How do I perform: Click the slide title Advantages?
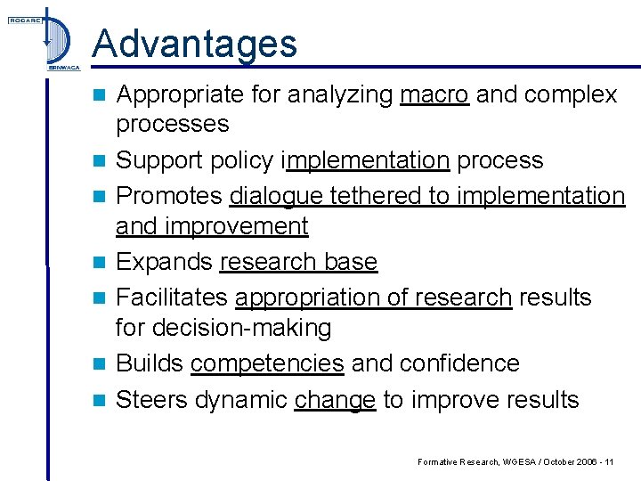pyautogui.click(x=194, y=43)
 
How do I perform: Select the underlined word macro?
pyautogui.click(x=434, y=94)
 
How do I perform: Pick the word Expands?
pyautogui.click(x=165, y=262)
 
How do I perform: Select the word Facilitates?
pyautogui.click(x=173, y=297)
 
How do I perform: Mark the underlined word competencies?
pyautogui.click(x=267, y=363)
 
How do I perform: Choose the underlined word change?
pyautogui.click(x=334, y=399)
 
